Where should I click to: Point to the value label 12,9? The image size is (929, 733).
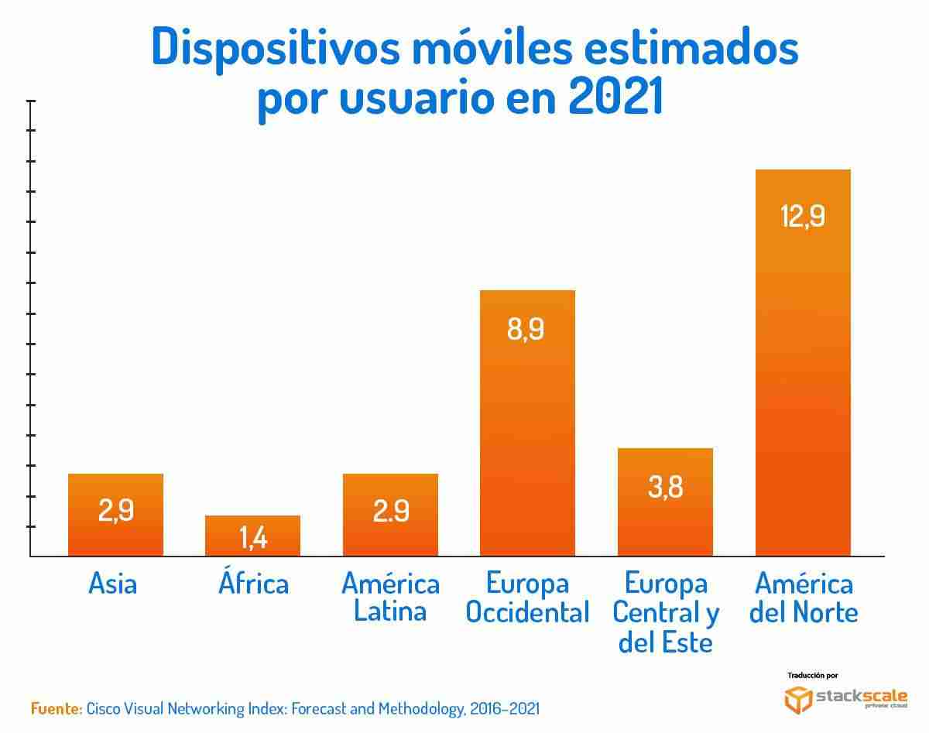802,218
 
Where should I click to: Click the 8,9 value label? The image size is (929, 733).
526,330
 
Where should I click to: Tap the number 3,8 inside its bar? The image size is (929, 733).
665,488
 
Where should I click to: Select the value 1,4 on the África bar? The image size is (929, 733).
253,538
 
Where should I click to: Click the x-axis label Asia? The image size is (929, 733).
113,584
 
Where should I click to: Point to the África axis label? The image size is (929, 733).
253,582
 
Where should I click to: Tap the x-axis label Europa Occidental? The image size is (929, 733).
527,598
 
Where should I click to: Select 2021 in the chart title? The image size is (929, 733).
615,99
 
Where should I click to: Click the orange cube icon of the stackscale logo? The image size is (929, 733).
798,699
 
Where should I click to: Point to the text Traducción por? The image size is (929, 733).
812,675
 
